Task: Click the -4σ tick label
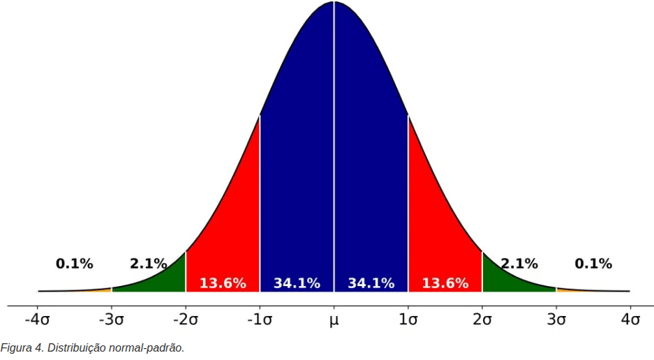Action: click(37, 320)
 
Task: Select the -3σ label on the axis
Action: click(111, 320)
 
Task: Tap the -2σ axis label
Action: click(185, 320)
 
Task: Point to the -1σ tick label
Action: click(260, 320)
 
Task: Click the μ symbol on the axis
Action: click(334, 321)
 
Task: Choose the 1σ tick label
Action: click(408, 320)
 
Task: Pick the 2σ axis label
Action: click(482, 320)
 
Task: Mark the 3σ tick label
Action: click(556, 320)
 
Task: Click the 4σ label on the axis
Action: click(630, 320)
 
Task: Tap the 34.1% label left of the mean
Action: click(297, 283)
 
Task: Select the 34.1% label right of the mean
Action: click(371, 283)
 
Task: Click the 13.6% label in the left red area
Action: click(223, 283)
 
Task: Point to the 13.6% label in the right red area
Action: click(445, 283)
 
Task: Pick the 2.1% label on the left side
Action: click(148, 264)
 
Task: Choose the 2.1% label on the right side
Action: click(519, 264)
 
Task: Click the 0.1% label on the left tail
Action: click(74, 264)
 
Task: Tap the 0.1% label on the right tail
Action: click(593, 264)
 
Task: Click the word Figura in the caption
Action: click(15, 347)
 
